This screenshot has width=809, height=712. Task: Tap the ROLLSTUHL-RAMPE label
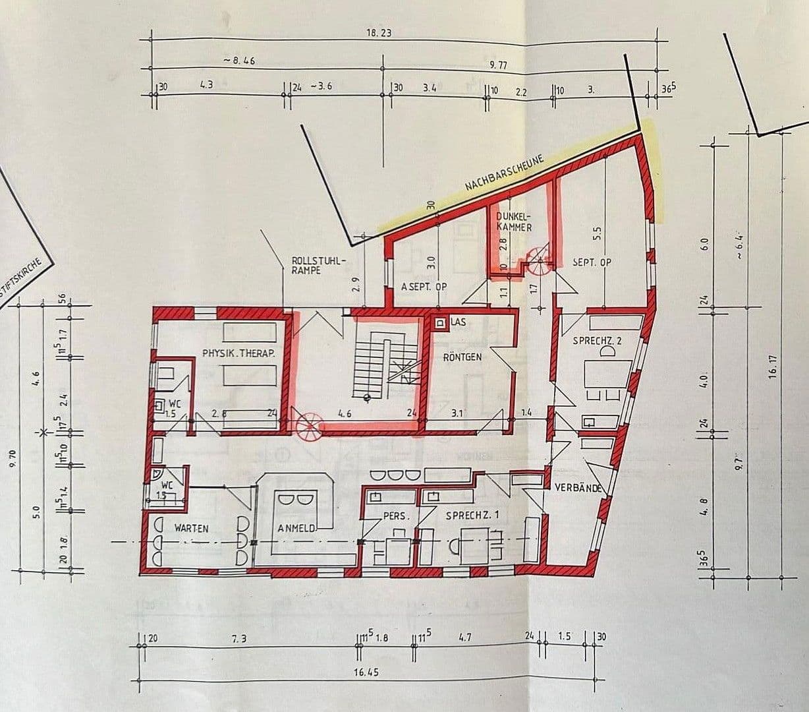[318, 266]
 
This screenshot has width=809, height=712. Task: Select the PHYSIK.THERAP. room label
[238, 353]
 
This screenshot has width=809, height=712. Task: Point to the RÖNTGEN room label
[462, 357]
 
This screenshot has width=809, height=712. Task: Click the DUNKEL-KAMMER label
[514, 221]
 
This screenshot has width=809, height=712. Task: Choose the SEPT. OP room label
[592, 262]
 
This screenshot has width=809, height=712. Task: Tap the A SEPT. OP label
[424, 287]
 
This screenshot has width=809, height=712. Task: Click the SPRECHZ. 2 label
[597, 341]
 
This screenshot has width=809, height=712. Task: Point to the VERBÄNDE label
[578, 489]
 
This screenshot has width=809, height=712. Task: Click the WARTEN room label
[191, 528]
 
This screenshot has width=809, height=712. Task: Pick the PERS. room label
[396, 516]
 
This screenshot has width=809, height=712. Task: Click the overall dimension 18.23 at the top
[379, 32]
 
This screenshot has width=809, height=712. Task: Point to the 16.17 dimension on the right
[773, 366]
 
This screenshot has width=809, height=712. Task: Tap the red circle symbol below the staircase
[308, 427]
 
